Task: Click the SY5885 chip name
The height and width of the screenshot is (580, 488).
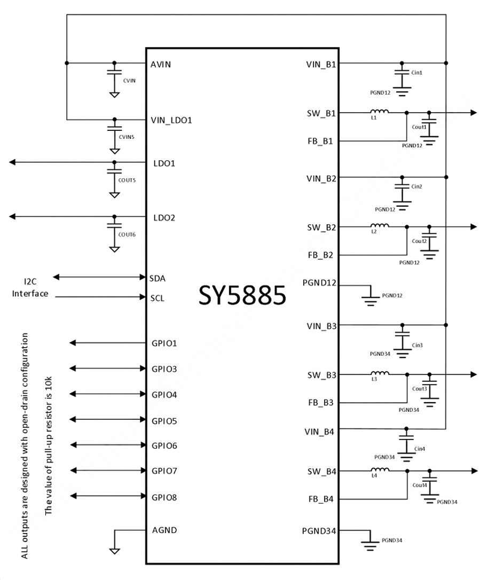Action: click(242, 295)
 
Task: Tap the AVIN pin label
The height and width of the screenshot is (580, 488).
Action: click(161, 65)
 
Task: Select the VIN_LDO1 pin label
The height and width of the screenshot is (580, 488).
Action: click(171, 120)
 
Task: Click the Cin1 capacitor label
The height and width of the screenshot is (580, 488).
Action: click(416, 73)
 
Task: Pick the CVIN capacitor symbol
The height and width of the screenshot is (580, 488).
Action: click(114, 72)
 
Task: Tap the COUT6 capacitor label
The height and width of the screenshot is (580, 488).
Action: click(127, 234)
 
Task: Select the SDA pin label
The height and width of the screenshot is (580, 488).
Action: click(158, 278)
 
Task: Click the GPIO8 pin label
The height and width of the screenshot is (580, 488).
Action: click(164, 497)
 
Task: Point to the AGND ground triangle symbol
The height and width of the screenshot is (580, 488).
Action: click(115, 551)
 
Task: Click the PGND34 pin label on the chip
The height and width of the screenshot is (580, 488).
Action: click(319, 531)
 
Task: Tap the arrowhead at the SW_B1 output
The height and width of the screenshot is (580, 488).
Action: click(474, 113)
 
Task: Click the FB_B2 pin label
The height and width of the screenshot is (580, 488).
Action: click(320, 255)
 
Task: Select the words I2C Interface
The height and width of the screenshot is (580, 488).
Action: click(30, 287)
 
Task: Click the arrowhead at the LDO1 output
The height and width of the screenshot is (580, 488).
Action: click(12, 162)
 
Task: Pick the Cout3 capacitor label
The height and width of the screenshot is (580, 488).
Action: click(420, 389)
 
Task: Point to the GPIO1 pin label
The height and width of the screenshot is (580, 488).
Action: click(164, 343)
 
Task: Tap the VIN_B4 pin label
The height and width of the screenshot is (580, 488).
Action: click(319, 432)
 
